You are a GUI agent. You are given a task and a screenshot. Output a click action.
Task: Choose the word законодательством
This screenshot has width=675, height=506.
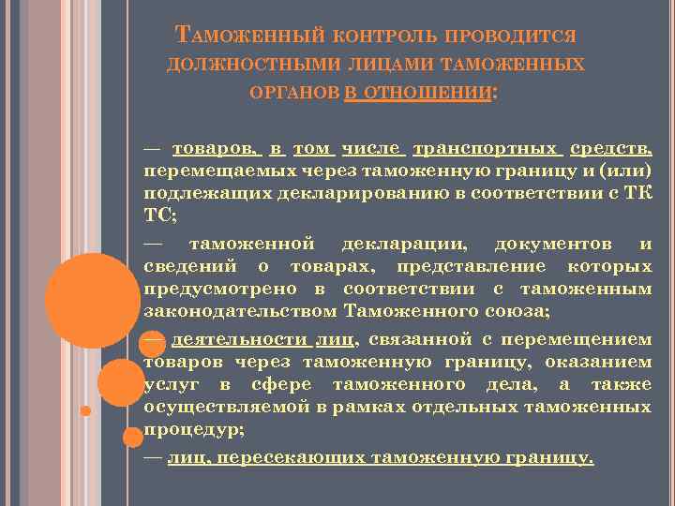pos(241,312)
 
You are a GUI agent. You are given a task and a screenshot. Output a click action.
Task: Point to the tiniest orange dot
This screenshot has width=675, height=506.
pos(85,410)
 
